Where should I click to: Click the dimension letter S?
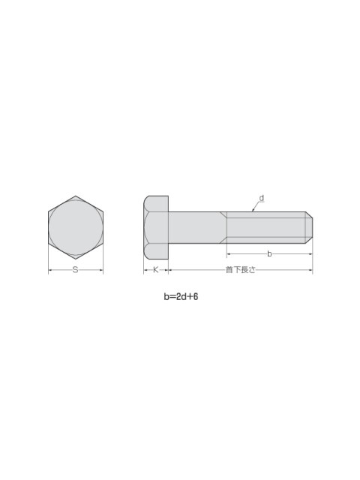coord(75,270)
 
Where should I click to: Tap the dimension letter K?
coord(155,270)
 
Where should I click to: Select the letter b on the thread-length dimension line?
coord(269,253)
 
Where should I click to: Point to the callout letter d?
coord(262,198)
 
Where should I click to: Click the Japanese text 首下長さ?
coord(240,270)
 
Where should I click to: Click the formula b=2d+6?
coord(181,297)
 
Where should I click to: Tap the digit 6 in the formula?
coord(196,297)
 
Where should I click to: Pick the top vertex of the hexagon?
coord(76,196)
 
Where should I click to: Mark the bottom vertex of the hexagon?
coord(76,259)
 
